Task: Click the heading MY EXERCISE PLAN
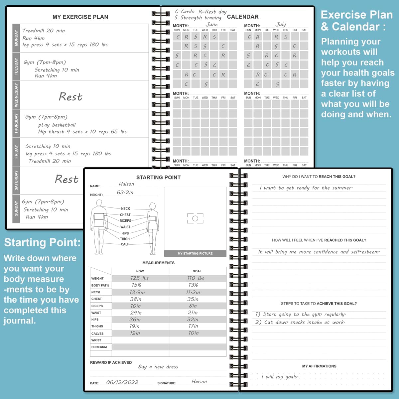(80, 17)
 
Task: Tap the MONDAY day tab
(16, 38)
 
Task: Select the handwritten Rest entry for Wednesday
(70, 97)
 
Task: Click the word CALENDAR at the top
(242, 17)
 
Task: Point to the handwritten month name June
(211, 25)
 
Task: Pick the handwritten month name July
(281, 25)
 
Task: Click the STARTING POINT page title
(158, 178)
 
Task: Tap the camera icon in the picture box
(195, 218)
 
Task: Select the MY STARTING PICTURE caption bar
(195, 253)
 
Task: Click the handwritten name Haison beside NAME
(126, 184)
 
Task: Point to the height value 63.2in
(125, 193)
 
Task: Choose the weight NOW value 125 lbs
(139, 278)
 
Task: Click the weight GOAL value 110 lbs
(196, 278)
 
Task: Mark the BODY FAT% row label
(100, 285)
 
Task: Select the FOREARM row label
(99, 347)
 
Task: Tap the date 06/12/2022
(122, 382)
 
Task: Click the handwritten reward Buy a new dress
(158, 367)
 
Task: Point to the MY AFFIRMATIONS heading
(319, 366)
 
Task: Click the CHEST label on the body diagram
(125, 215)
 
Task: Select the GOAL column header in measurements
(197, 271)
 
